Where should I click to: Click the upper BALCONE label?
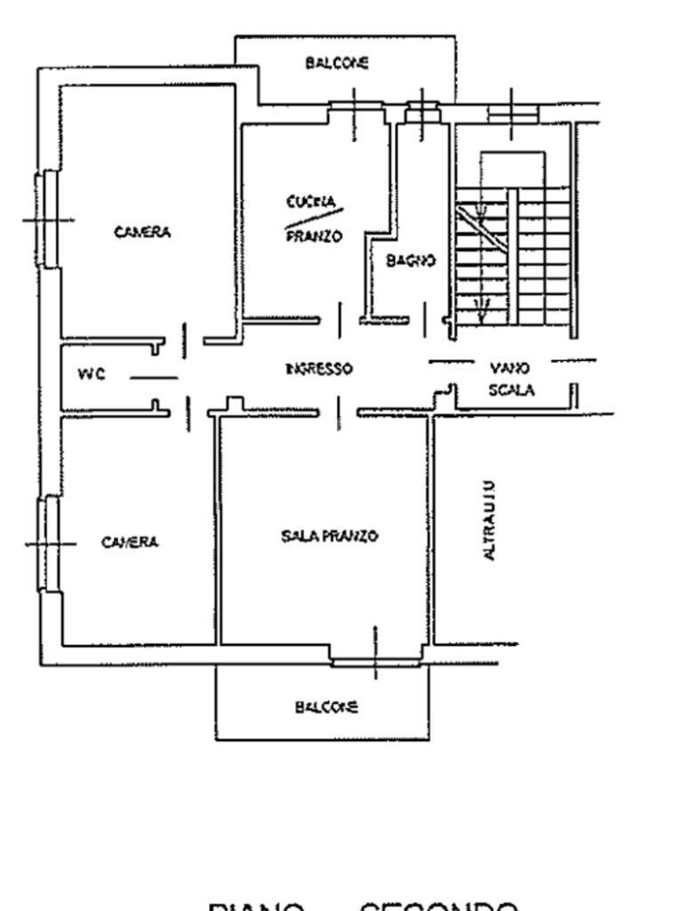[337, 63]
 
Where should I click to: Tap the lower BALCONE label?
[326, 707]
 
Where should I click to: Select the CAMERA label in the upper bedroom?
[142, 232]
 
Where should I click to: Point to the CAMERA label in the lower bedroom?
[130, 542]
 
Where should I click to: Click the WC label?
[92, 375]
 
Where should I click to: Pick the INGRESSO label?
[318, 368]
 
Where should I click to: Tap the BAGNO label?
[411, 261]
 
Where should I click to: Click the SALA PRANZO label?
[330, 536]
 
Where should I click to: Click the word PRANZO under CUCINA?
[313, 238]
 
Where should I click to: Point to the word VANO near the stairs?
[510, 368]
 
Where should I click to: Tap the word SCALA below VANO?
[511, 390]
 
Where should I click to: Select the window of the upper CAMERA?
[47, 219]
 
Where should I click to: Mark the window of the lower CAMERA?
[47, 543]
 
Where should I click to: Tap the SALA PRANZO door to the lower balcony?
[374, 659]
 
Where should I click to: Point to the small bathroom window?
[422, 111]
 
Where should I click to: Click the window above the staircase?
[512, 113]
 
